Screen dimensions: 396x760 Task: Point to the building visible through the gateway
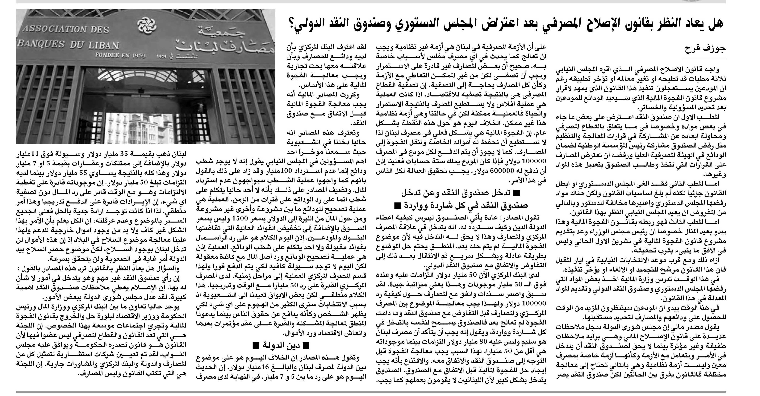pos(139,127)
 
